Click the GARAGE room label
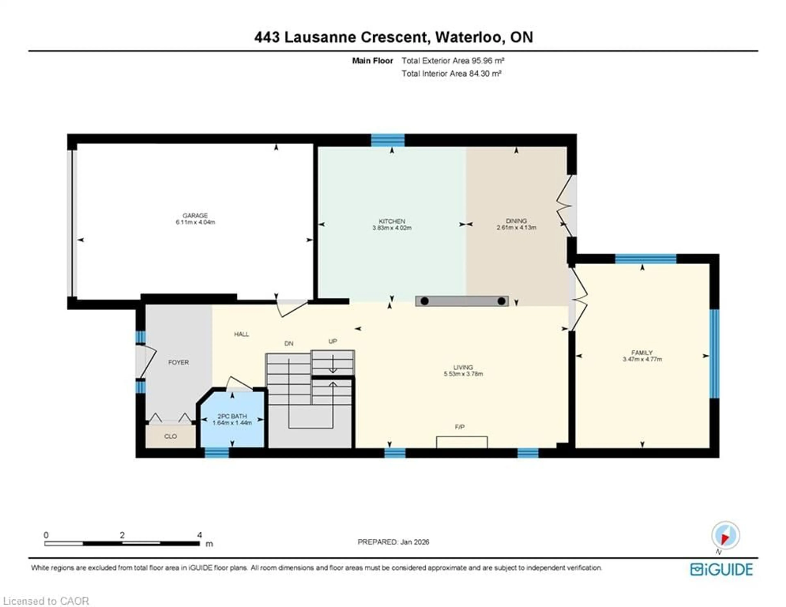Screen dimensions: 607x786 point(195,215)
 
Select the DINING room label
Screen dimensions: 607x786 point(516,221)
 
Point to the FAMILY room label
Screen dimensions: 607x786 point(642,352)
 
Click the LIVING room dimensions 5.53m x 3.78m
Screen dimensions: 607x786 point(463,374)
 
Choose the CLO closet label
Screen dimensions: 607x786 point(170,436)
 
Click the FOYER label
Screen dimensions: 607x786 point(178,362)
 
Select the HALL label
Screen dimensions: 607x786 point(242,334)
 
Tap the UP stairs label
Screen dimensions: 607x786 point(333,341)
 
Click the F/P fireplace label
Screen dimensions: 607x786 point(460,427)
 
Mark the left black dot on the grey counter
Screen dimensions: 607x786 point(425,301)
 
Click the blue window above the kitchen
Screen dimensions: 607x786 point(388,140)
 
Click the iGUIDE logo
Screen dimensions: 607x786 point(721,569)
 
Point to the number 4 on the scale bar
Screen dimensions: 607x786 point(199,535)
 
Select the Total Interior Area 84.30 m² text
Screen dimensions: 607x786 point(451,74)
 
